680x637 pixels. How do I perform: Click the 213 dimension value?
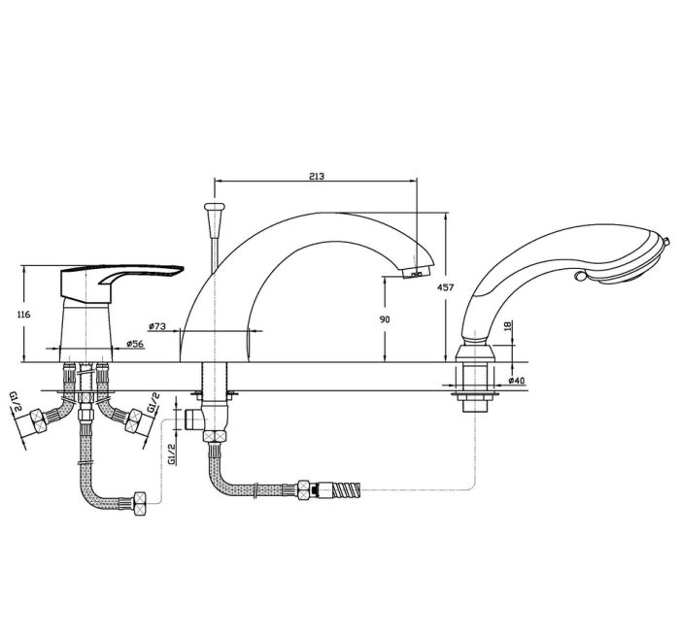click(x=317, y=177)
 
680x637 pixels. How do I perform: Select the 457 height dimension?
click(x=445, y=287)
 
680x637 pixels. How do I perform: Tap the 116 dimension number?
click(x=23, y=315)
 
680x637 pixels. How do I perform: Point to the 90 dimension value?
click(x=385, y=319)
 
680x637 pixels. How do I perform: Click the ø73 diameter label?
click(x=157, y=326)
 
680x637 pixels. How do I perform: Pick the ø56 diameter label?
click(x=135, y=344)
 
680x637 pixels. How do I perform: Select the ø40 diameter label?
click(x=517, y=381)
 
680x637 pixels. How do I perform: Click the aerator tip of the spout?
click(x=416, y=273)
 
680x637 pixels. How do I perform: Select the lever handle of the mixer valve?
click(x=122, y=278)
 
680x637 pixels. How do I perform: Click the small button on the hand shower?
click(x=579, y=276)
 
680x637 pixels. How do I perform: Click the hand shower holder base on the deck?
click(x=475, y=352)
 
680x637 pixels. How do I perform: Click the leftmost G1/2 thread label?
click(x=16, y=403)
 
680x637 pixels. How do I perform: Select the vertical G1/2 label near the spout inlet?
click(x=172, y=454)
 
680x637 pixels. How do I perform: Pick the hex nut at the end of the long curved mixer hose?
click(x=140, y=503)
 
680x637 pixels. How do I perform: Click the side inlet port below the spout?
click(x=192, y=419)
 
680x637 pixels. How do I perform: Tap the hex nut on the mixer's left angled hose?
click(x=38, y=420)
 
